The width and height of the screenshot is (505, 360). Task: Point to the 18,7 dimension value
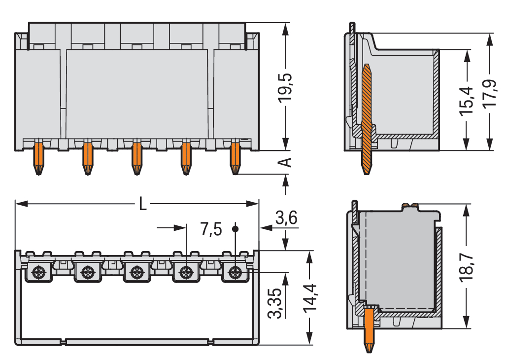pos(466,268)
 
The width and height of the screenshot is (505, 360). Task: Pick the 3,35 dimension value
pos(275,303)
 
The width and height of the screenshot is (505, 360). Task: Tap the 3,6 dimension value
pos(286,218)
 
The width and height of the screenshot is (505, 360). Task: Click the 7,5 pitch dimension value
pos(211,229)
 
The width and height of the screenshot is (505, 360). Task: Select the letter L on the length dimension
pos(142,204)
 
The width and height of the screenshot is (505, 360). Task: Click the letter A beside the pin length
pos(285,162)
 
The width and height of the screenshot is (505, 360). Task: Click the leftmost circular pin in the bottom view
pos(38,272)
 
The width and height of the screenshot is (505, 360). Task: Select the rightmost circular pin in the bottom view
pos(235,272)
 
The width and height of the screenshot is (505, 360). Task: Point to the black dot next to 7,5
pos(236,229)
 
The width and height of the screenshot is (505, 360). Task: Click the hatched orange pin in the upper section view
pos(366,119)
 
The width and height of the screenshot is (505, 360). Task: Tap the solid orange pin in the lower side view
pos(369,329)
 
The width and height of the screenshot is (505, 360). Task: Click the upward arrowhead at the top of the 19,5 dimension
pos(285,29)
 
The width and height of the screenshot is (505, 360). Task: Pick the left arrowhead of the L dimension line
pos(21,204)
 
